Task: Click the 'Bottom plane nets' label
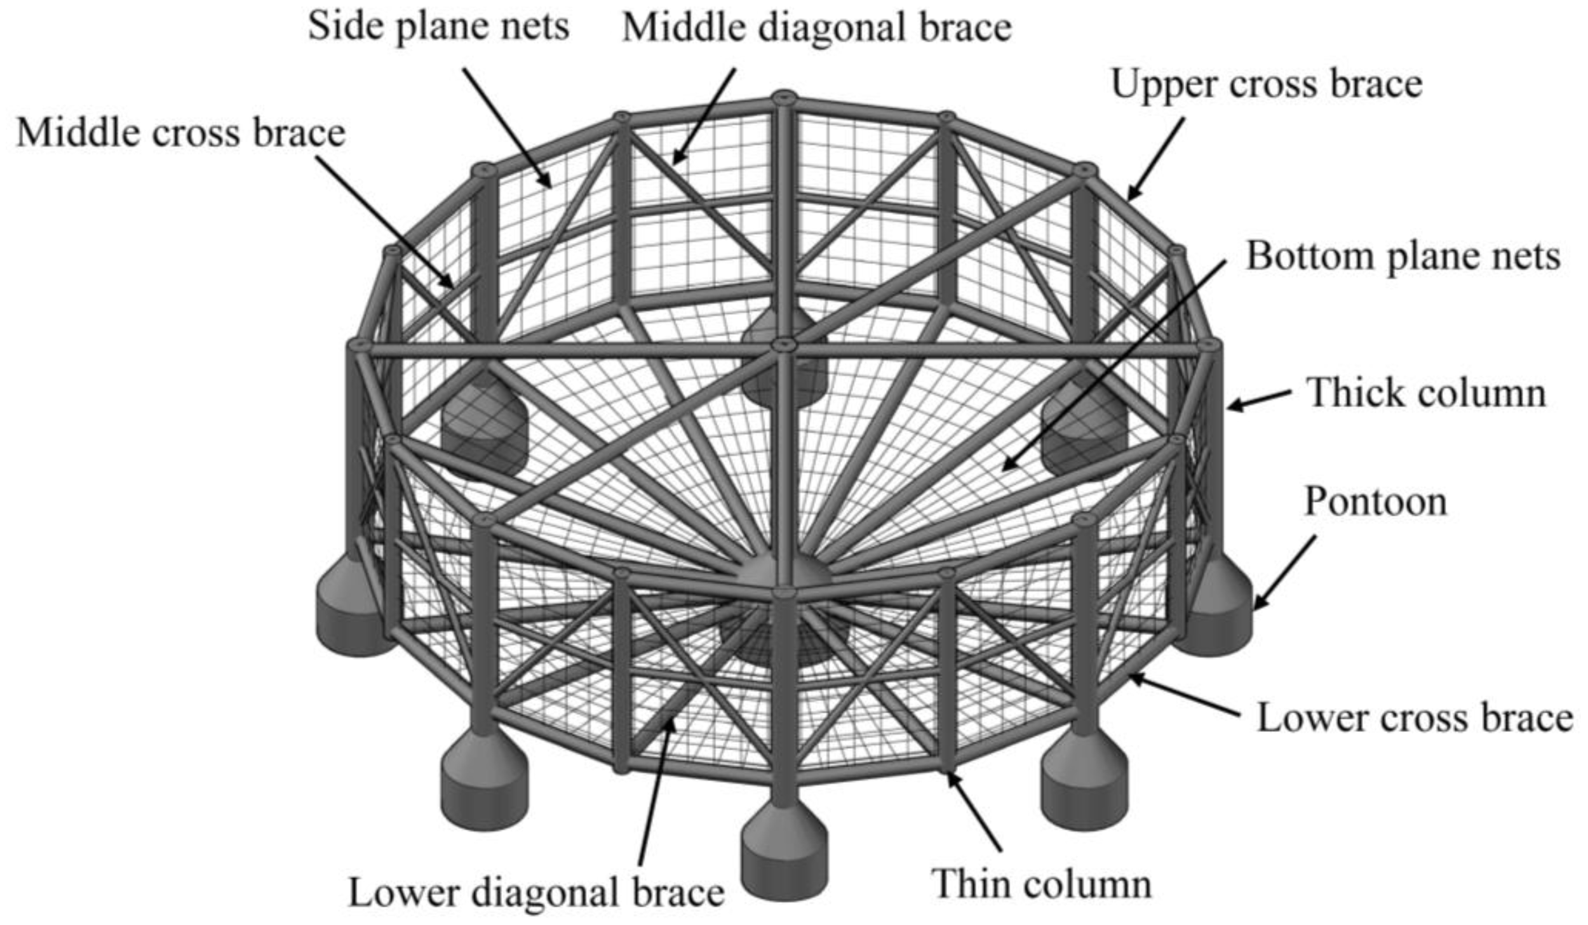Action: click(1403, 257)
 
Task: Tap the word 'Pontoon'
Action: click(1375, 502)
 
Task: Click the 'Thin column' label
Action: click(1041, 884)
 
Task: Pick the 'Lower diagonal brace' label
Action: click(536, 893)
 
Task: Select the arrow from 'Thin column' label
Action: click(975, 812)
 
